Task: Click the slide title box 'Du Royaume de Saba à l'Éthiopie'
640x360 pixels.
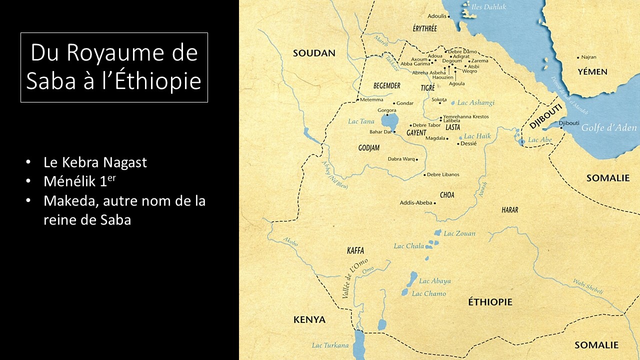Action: point(114,67)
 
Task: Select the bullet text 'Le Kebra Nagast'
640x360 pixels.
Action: point(95,162)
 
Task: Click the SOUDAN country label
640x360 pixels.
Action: point(313,53)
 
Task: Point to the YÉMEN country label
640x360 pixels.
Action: point(592,72)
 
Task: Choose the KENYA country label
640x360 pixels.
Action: point(309,319)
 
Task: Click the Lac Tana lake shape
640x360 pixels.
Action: point(389,120)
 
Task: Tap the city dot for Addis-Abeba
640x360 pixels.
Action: point(435,203)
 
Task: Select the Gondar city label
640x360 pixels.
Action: point(405,103)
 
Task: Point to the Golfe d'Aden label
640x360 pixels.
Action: point(609,127)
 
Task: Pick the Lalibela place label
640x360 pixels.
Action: point(451,121)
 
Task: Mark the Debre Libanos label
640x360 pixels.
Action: point(443,174)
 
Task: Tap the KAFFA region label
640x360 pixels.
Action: point(355,250)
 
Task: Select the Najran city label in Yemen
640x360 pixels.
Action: point(588,57)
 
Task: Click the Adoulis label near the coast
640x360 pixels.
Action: point(436,16)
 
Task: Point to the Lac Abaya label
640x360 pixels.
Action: point(435,281)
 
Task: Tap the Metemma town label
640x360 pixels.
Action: point(371,100)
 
